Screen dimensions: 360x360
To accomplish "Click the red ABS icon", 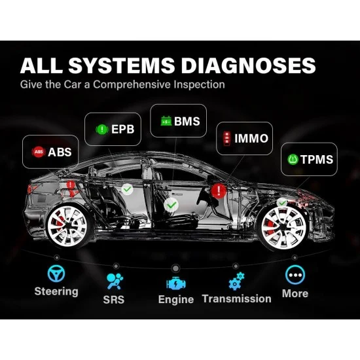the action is tap(39, 152).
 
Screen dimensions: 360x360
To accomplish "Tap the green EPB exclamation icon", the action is tap(102, 129).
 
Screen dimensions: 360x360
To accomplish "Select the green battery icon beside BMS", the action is tap(166, 121).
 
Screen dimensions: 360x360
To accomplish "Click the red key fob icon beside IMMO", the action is tap(227, 139).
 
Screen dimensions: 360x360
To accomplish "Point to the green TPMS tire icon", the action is tap(293, 159).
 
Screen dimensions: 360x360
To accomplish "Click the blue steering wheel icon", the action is tap(56, 274).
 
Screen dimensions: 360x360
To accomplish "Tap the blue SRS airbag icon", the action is tap(115, 281).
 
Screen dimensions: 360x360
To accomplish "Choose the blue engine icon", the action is tap(176, 283).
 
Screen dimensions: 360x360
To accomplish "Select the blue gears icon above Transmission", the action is tap(236, 281).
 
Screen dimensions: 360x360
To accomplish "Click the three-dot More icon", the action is tap(295, 275).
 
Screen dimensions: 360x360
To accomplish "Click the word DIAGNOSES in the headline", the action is tap(249, 65).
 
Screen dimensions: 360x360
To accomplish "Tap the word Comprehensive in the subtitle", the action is tap(132, 84).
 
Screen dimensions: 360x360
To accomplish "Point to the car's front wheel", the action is tap(284, 228).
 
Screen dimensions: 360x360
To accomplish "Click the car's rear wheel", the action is tap(67, 226).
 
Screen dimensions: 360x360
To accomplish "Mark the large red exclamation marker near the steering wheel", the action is tap(219, 190).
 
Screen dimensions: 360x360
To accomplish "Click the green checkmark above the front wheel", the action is tap(282, 203).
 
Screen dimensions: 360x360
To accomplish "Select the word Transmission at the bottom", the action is tap(236, 298).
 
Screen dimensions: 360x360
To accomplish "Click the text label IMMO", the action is tap(251, 139).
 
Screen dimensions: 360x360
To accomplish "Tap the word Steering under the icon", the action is tap(56, 291).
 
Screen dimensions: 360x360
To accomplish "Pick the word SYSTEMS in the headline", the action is tap(121, 65).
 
